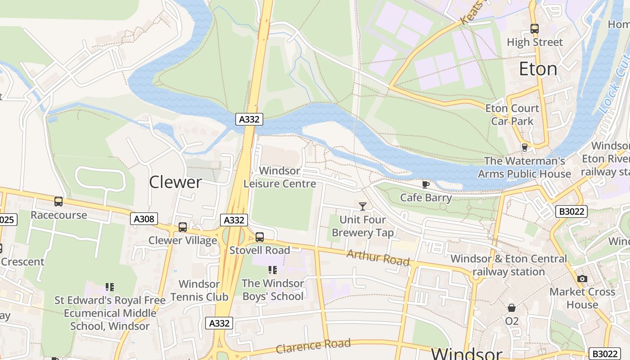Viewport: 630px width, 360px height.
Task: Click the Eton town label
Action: click(x=538, y=69)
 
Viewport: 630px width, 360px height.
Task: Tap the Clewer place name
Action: click(x=175, y=182)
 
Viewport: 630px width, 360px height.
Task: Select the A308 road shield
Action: click(x=144, y=219)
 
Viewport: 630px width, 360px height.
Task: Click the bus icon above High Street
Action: click(x=535, y=29)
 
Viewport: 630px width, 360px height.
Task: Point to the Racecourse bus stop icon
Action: click(x=58, y=202)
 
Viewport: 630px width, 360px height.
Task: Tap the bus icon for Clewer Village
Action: click(x=183, y=227)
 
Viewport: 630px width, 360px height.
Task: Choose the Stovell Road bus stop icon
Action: click(x=260, y=237)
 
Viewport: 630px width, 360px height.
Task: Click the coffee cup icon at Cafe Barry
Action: click(x=426, y=184)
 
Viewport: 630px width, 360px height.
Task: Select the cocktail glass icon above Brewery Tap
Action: click(x=363, y=207)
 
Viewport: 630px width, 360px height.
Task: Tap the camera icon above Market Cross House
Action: click(x=582, y=279)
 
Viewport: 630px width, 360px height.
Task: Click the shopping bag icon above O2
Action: click(x=512, y=308)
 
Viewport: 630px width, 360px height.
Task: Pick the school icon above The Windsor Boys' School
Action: click(x=273, y=270)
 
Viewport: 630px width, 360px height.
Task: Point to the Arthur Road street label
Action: click(x=378, y=258)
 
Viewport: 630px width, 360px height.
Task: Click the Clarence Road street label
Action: click(x=313, y=346)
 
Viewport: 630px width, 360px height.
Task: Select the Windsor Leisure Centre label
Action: click(x=280, y=177)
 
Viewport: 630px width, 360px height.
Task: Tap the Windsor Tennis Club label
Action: click(x=199, y=290)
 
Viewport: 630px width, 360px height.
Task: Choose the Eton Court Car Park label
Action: click(x=512, y=115)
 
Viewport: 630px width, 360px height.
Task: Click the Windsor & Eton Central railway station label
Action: click(x=508, y=265)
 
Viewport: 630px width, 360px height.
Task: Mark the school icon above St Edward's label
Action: click(x=110, y=287)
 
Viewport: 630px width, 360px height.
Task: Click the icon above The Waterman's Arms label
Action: click(x=524, y=147)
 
